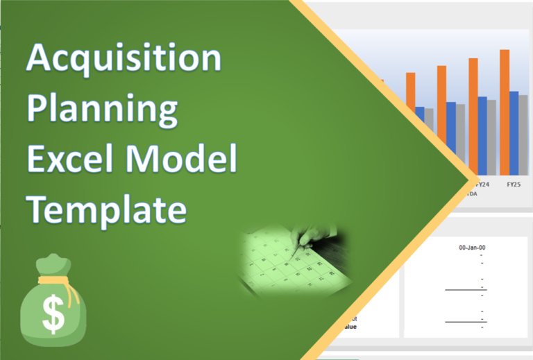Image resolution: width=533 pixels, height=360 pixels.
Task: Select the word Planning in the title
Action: tap(102, 110)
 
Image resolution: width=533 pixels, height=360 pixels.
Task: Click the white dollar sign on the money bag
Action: tap(53, 314)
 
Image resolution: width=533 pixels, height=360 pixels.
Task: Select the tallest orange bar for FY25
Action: tap(505, 111)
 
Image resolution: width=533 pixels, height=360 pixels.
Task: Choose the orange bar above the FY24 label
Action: tap(473, 114)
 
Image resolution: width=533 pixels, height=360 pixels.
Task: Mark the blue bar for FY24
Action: tap(482, 135)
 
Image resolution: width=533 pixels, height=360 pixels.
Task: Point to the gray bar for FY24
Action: tap(491, 137)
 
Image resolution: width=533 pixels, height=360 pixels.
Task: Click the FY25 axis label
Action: tap(514, 185)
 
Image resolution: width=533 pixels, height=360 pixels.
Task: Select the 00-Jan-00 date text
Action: tap(472, 248)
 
